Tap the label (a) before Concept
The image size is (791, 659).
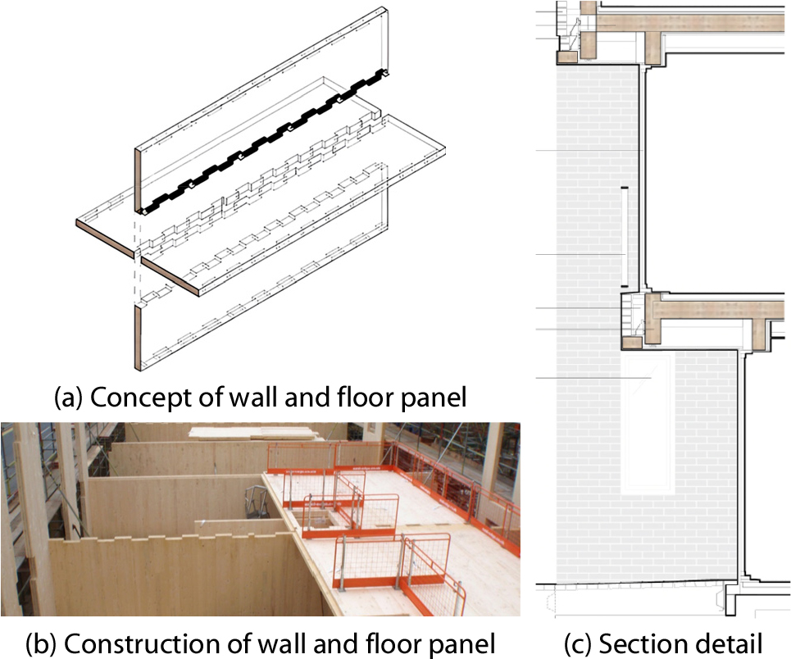[x=69, y=398]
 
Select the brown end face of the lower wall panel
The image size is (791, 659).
[x=138, y=338]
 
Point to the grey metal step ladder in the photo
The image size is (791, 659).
[x=257, y=503]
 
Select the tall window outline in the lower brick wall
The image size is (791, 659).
[x=648, y=422]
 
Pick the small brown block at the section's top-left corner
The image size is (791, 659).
[x=567, y=57]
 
